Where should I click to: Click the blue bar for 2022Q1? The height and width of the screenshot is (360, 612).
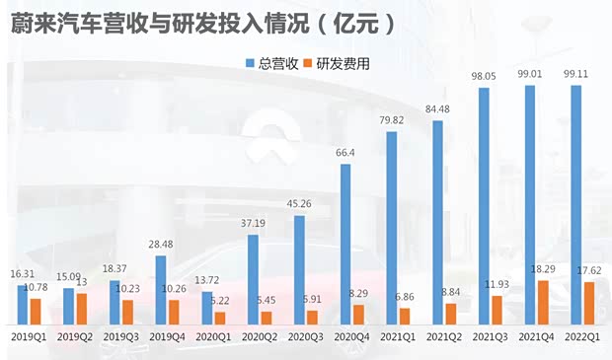(x=576, y=204)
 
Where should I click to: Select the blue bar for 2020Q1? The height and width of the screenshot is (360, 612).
(x=207, y=308)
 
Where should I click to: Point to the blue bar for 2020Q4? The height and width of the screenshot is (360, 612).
(x=345, y=244)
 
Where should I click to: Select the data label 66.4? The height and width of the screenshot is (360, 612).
(x=345, y=152)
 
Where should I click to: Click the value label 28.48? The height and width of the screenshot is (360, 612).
(x=161, y=244)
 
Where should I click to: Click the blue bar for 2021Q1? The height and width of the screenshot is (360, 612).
(x=392, y=228)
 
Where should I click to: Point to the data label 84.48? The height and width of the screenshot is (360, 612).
(x=436, y=108)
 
